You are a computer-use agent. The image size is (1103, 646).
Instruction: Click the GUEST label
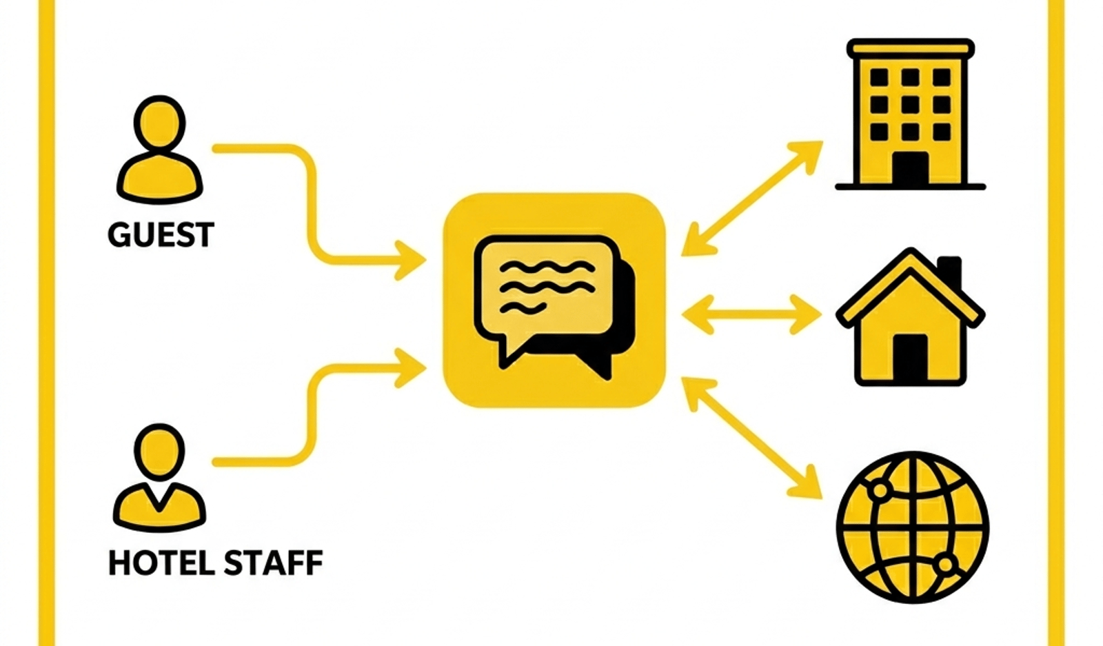(161, 234)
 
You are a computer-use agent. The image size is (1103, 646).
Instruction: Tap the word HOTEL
(161, 563)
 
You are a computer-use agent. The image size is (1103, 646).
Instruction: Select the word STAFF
(273, 563)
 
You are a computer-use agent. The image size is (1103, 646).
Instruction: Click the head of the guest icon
(159, 122)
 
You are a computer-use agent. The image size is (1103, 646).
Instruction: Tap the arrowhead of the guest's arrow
(409, 260)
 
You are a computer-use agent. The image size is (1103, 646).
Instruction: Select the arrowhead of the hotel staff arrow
(409, 367)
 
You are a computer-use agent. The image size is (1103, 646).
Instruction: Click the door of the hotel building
(911, 168)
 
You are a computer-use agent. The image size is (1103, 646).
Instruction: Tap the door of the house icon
(911, 358)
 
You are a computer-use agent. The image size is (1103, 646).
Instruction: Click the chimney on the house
(951, 272)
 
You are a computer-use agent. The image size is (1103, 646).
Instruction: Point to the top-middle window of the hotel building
(911, 77)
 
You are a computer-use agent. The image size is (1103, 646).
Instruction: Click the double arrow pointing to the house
(751, 314)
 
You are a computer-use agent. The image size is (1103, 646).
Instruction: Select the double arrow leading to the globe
(751, 438)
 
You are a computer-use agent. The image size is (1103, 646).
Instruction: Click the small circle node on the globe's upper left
(880, 490)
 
